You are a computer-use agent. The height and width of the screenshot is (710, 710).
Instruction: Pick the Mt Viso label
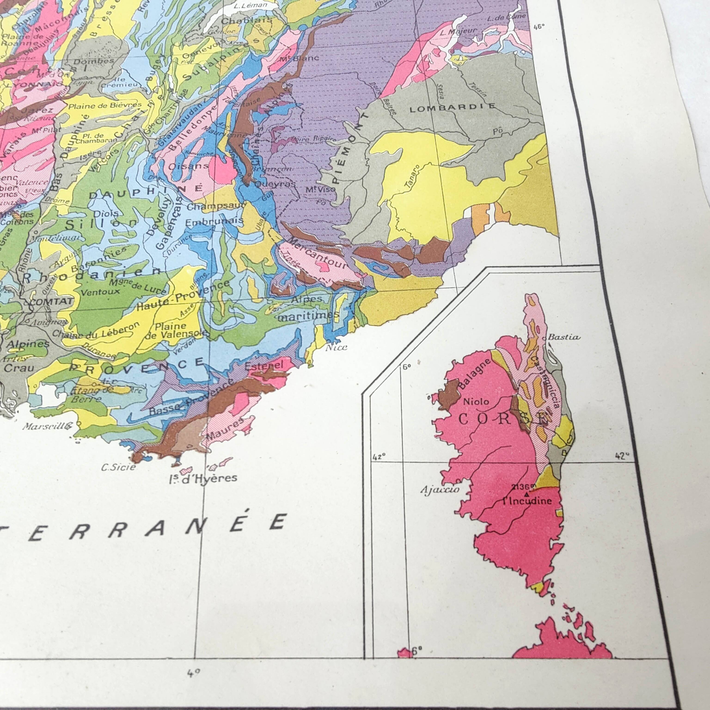pos(321,189)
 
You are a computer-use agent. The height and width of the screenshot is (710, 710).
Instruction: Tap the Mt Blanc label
pos(294,58)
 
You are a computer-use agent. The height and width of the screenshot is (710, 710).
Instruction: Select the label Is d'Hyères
pos(203,478)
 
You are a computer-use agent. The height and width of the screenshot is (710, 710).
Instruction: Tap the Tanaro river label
pos(413,178)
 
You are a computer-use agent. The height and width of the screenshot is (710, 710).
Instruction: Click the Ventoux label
pos(100,292)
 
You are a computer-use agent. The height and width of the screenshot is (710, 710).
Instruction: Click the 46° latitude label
pos(539,26)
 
